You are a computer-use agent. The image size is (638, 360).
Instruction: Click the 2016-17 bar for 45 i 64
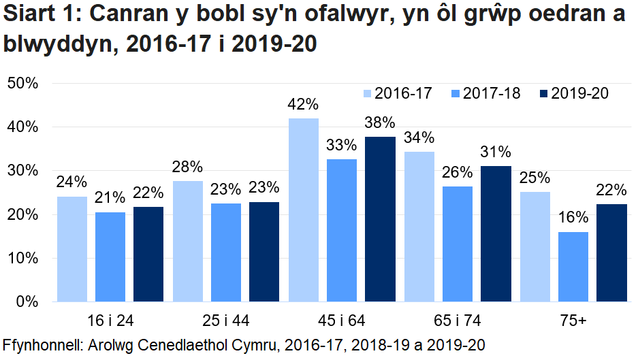click(x=304, y=210)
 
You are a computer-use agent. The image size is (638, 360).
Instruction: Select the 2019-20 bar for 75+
click(x=611, y=252)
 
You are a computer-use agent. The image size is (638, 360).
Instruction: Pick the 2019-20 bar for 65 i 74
click(x=496, y=233)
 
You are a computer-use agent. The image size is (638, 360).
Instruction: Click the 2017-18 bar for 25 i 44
click(x=226, y=252)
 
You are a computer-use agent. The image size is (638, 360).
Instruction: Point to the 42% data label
click(x=303, y=105)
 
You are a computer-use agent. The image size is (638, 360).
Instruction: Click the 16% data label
click(x=573, y=218)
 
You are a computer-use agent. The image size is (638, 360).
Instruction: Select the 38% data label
click(x=379, y=123)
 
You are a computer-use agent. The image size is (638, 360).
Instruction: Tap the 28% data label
click(x=187, y=167)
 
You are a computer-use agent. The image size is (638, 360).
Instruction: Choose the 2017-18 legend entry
click(x=484, y=94)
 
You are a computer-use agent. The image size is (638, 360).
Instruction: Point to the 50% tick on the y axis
click(x=26, y=84)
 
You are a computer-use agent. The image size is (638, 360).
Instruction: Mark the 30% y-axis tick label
click(x=26, y=171)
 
